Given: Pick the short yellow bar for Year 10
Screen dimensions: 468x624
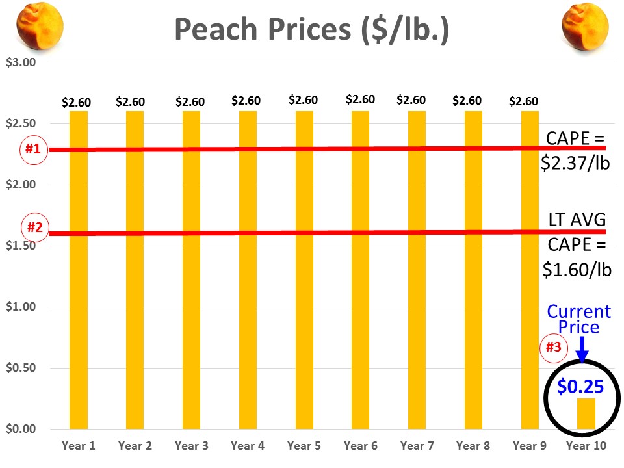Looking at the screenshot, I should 586,413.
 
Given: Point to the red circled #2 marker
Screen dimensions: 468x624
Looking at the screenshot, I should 33,228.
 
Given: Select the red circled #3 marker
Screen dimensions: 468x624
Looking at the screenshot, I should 552,347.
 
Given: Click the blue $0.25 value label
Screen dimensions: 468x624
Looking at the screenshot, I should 580,387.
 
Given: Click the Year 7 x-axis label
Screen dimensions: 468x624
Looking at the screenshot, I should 417,446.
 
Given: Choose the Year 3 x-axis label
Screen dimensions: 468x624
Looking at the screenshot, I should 191,446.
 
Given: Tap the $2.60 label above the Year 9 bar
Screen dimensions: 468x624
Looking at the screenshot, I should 523,101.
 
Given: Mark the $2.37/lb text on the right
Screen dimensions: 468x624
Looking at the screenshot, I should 576,162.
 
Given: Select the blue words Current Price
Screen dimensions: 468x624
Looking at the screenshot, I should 579,318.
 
